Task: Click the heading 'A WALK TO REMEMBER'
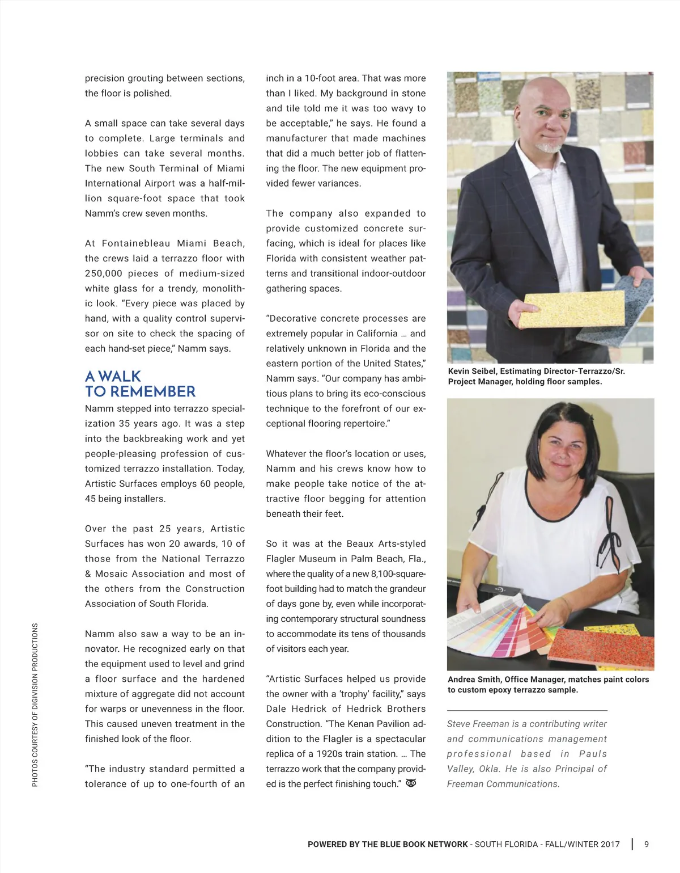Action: click(140, 384)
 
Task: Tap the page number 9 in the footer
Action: click(647, 844)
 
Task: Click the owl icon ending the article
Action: click(411, 783)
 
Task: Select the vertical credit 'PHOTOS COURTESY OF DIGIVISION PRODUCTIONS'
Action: click(35, 705)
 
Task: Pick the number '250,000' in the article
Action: click(104, 273)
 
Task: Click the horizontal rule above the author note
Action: click(527, 710)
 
